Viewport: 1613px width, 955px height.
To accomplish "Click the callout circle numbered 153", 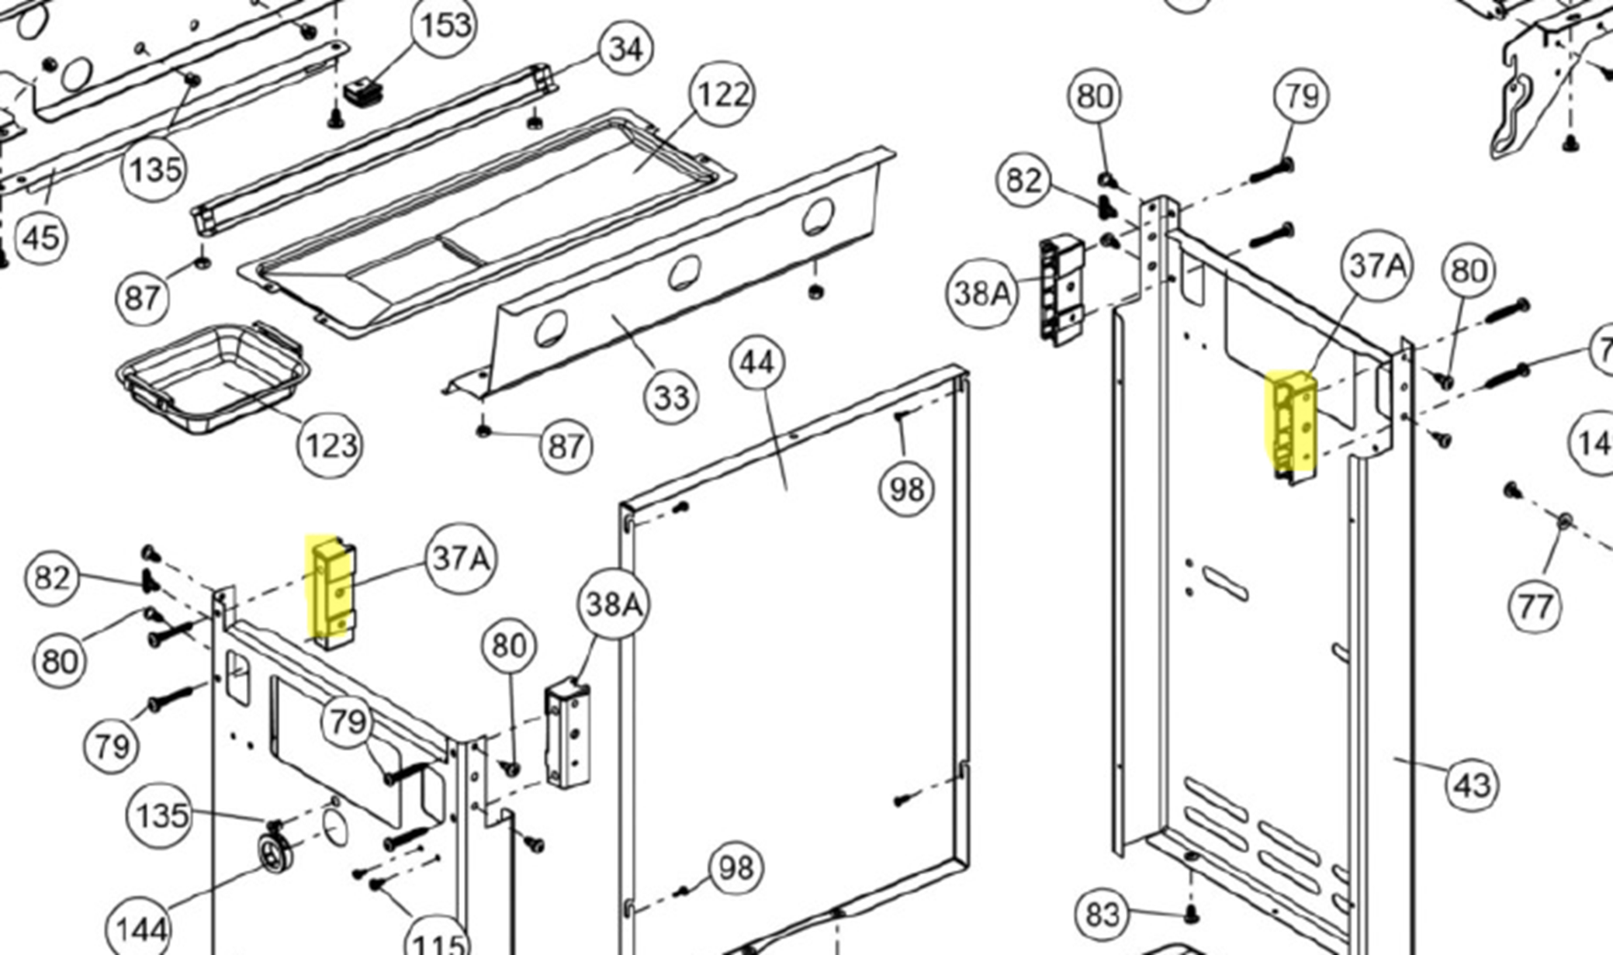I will tap(445, 26).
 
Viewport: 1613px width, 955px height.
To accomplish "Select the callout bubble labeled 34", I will tap(625, 49).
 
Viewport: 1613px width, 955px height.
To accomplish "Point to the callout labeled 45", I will tap(41, 236).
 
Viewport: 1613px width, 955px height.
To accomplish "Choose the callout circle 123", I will tap(331, 445).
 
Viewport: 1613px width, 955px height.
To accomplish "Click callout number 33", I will tap(672, 397).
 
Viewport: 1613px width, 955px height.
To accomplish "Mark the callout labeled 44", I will tap(757, 362).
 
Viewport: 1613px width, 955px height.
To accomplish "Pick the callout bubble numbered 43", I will tap(1472, 784).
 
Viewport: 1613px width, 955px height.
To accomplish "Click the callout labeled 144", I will tap(140, 929).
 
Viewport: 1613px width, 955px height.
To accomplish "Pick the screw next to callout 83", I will tap(1192, 915).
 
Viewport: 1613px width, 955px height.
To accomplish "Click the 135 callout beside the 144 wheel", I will tap(161, 815).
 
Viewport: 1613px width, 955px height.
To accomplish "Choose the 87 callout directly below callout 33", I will tap(565, 445).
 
